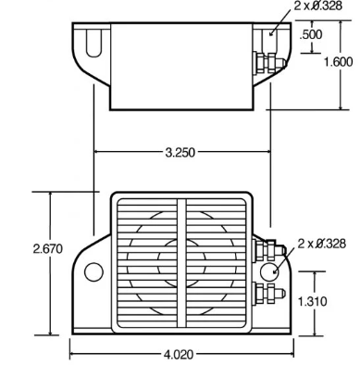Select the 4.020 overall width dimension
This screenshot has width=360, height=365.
click(x=181, y=352)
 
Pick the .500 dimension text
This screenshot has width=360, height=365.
click(x=312, y=35)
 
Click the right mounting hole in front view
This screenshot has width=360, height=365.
click(x=270, y=271)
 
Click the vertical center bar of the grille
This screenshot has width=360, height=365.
click(x=181, y=263)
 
